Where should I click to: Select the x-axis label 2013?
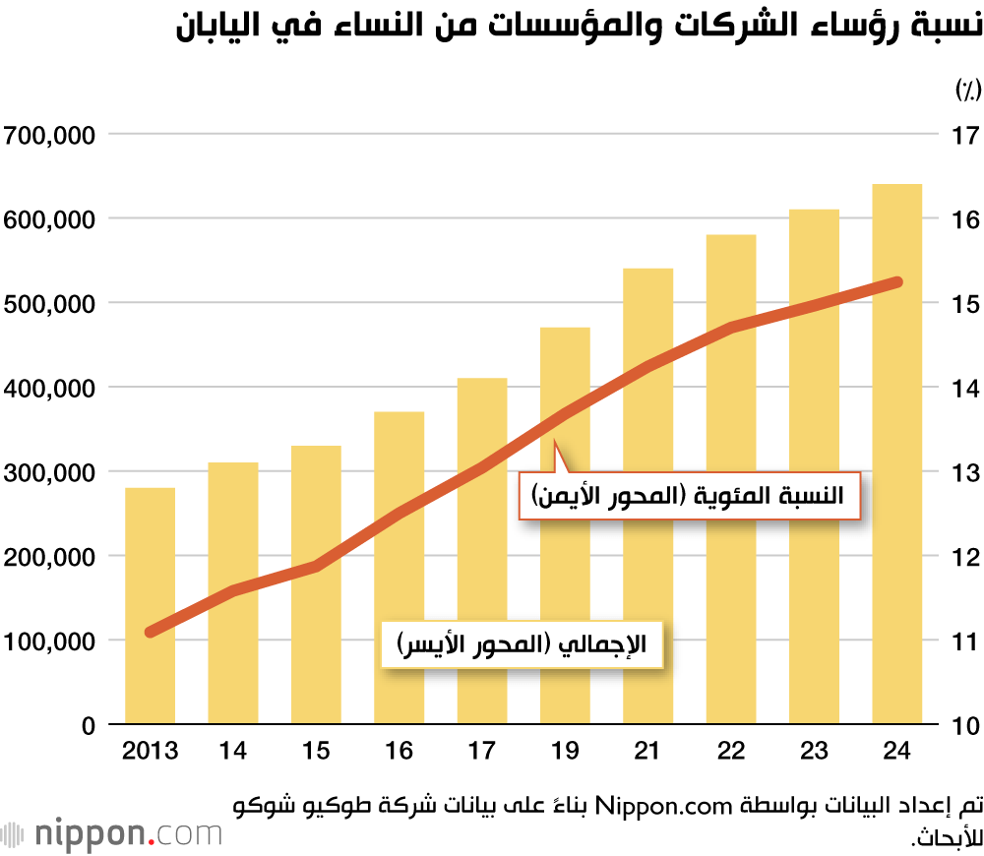150,753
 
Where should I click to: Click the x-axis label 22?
730,753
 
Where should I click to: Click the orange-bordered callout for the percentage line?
689,495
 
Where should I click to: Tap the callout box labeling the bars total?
522,645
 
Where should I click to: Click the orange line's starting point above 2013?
151,632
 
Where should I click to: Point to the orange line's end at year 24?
896,282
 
